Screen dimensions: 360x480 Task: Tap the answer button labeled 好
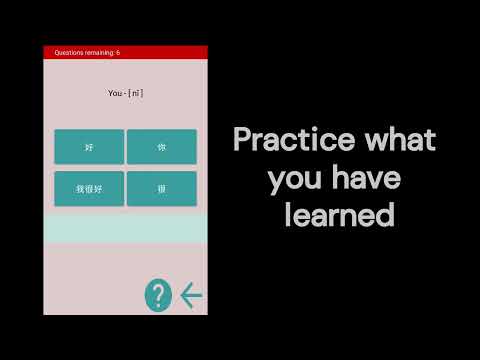(x=89, y=147)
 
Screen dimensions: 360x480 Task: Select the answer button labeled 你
(x=162, y=147)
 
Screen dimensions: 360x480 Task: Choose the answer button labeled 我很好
(x=89, y=188)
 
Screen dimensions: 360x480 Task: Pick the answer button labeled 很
(x=162, y=188)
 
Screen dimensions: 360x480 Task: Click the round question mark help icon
(x=158, y=295)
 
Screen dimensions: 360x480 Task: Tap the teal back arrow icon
(x=191, y=295)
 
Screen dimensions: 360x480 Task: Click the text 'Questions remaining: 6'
(x=87, y=52)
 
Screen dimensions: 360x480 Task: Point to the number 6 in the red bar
(x=118, y=52)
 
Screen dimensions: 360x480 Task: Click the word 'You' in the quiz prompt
(x=114, y=93)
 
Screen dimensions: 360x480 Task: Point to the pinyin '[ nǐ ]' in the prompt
(x=136, y=93)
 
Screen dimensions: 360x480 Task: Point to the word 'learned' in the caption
(x=337, y=215)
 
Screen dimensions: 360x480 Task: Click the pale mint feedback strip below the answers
(x=125, y=229)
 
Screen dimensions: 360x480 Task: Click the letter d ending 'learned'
(x=384, y=215)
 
